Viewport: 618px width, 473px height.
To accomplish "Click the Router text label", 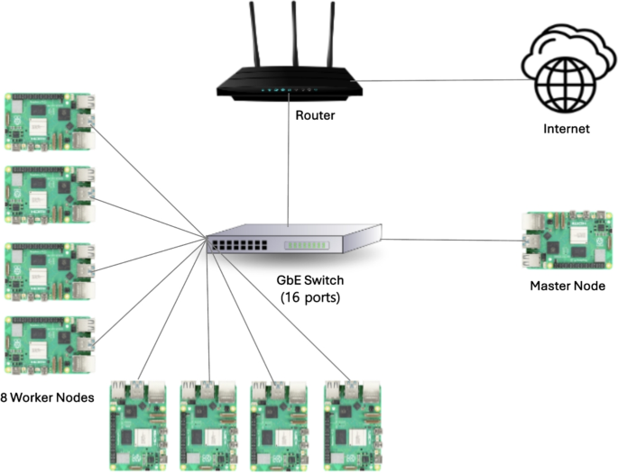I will [315, 114].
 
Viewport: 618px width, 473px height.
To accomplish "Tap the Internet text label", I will [566, 129].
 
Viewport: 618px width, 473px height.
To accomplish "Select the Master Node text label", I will [567, 287].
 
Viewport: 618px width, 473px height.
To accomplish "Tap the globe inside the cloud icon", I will [566, 82].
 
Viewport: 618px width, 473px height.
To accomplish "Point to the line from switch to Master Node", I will [451, 240].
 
